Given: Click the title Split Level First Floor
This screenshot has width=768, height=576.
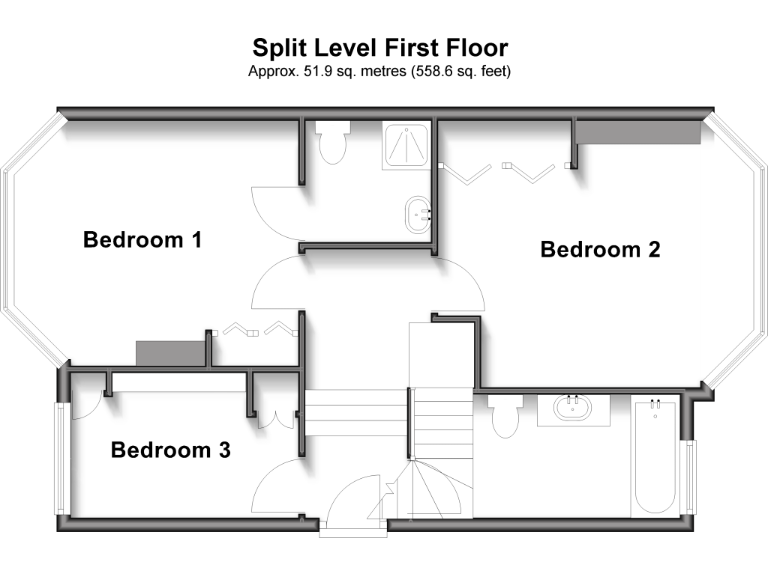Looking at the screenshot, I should [x=380, y=48].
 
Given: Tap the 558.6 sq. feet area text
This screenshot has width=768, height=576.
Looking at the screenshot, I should [x=450, y=72].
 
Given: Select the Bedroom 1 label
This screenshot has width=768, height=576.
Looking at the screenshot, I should [x=143, y=240].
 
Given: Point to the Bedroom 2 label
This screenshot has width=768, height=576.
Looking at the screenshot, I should [x=600, y=250].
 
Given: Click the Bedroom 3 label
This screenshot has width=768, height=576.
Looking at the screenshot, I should [x=171, y=450].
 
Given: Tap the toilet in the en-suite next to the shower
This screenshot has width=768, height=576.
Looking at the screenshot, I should [x=330, y=142].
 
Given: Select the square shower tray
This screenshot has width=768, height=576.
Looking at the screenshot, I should [x=406, y=146].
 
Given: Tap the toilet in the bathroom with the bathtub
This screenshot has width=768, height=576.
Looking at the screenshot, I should [x=504, y=414].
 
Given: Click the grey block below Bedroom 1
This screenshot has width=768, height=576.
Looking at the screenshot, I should [x=170, y=353].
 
